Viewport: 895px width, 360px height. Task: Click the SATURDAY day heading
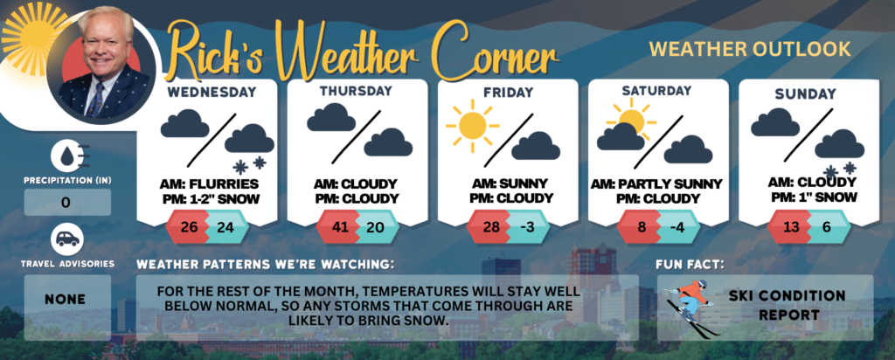pos(656,91)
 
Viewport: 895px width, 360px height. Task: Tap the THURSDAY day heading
pos(356,91)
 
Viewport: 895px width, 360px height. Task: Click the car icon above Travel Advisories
pos(67,240)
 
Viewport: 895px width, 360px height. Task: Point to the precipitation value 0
pos(66,202)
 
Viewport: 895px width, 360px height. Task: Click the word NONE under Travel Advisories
pos(65,300)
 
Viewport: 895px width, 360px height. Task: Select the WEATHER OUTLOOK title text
pos(750,49)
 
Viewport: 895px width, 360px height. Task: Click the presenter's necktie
pos(96,100)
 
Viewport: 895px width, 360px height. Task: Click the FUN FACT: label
pos(690,265)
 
